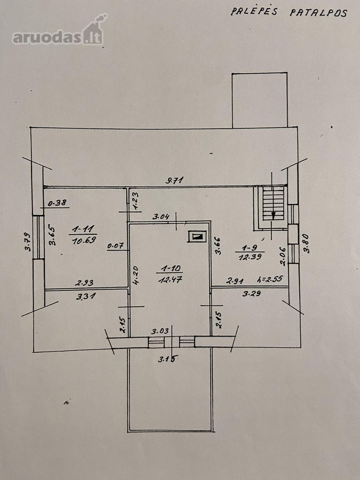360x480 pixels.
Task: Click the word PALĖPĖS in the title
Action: point(254,11)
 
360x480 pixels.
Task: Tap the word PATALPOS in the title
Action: point(318,13)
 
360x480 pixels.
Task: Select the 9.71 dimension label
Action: point(174,180)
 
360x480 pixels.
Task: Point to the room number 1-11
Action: point(83,229)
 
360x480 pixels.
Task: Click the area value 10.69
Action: point(84,240)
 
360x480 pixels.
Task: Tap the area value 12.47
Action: point(170,279)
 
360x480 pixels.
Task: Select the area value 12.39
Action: point(250,257)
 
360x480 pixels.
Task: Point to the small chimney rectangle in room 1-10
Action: point(197,236)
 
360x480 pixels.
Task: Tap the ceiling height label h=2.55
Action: point(270,279)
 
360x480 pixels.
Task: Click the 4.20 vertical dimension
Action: point(136,275)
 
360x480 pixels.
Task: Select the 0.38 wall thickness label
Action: point(57,202)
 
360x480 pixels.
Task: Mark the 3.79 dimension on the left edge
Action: point(28,242)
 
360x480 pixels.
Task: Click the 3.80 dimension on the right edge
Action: point(307,243)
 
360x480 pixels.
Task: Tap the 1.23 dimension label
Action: point(135,201)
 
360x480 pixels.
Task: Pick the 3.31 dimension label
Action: point(86,295)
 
